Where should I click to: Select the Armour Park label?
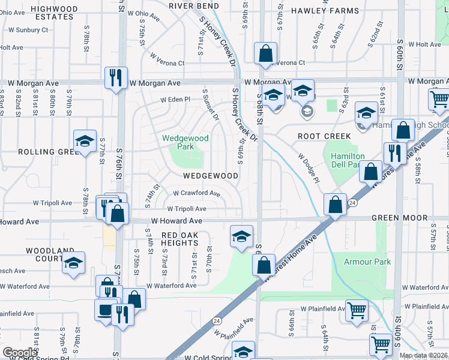click(x=367, y=262)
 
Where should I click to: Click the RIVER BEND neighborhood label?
click(x=193, y=5)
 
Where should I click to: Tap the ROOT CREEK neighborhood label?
click(x=324, y=136)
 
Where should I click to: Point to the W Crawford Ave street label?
click(x=196, y=193)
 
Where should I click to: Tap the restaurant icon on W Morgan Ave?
click(x=116, y=77)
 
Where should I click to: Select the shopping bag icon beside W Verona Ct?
click(x=265, y=53)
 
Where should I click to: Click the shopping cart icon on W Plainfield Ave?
click(x=357, y=311)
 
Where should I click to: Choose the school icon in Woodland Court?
click(x=73, y=263)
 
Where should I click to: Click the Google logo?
click(x=20, y=353)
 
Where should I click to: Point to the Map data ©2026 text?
click(x=424, y=355)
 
